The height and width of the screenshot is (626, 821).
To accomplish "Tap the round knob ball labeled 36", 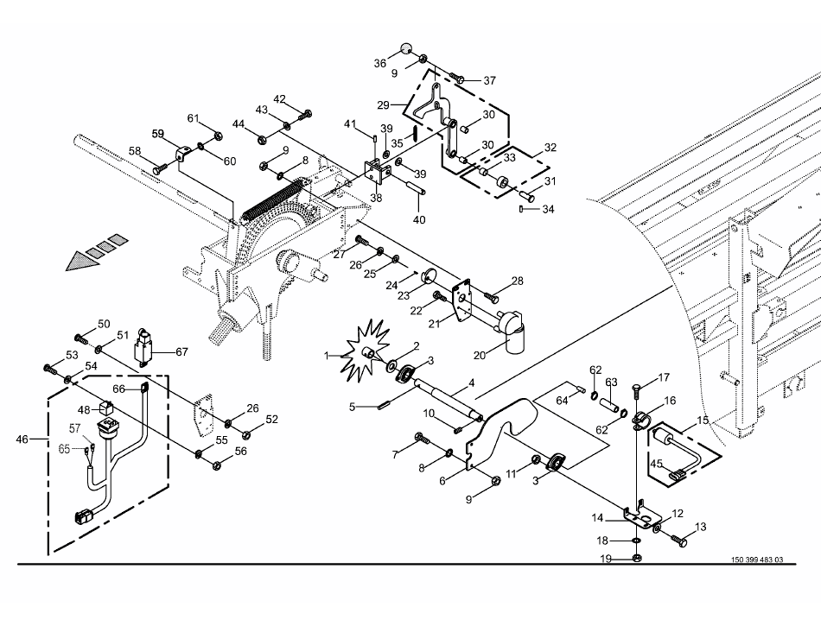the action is click(406, 48).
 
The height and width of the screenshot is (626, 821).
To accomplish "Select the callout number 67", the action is click(181, 352).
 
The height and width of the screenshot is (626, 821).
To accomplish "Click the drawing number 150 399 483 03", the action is click(757, 560).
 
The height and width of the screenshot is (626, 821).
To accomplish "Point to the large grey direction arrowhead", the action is click(82, 261).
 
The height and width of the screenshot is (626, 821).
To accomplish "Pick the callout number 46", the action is click(22, 439).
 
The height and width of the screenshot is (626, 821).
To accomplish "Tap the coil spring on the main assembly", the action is click(273, 199).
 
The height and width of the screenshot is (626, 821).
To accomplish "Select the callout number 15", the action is click(702, 420).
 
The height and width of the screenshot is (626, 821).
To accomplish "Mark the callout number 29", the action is click(383, 105).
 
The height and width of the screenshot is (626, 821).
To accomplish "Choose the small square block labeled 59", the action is click(181, 155).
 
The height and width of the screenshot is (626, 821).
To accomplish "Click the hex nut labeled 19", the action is click(636, 559).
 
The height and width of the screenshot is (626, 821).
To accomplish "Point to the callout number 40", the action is click(419, 220).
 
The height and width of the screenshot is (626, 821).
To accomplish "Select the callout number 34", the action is click(548, 209).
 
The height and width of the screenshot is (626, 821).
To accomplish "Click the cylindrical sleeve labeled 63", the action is click(609, 405).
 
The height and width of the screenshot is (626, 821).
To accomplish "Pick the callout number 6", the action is click(442, 481).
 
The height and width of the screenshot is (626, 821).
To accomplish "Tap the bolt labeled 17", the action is click(637, 389).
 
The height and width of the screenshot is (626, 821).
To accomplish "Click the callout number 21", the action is click(434, 325).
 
